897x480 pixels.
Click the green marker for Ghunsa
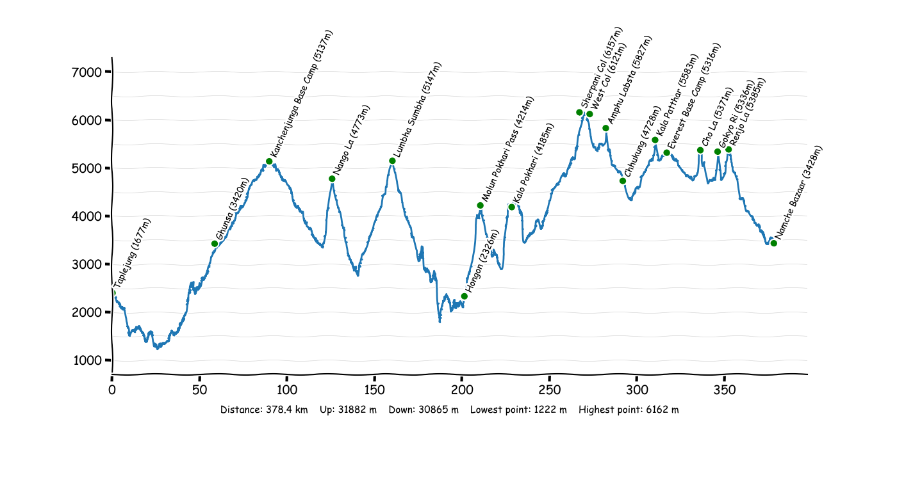(215, 244)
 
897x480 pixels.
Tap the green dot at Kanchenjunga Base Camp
(269, 161)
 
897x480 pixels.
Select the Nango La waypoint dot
(332, 179)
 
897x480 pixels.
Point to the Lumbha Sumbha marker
(392, 161)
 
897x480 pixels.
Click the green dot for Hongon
(465, 296)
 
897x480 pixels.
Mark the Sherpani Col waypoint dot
(579, 113)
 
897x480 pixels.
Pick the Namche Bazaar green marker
(774, 243)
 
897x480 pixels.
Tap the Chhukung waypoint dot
(623, 181)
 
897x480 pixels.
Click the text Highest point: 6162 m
(629, 410)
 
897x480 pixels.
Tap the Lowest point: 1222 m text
(518, 410)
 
